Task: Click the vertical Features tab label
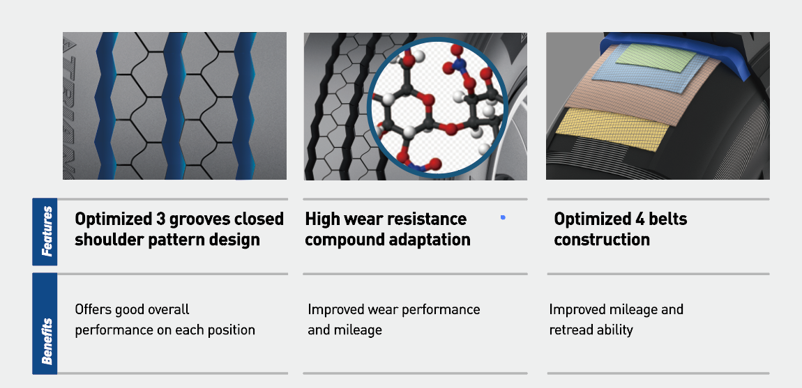(47, 231)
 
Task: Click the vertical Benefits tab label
(47, 341)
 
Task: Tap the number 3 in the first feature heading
(161, 219)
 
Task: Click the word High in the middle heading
(323, 219)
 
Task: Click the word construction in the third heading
(601, 239)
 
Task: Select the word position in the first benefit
(229, 330)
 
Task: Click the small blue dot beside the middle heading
(504, 218)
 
